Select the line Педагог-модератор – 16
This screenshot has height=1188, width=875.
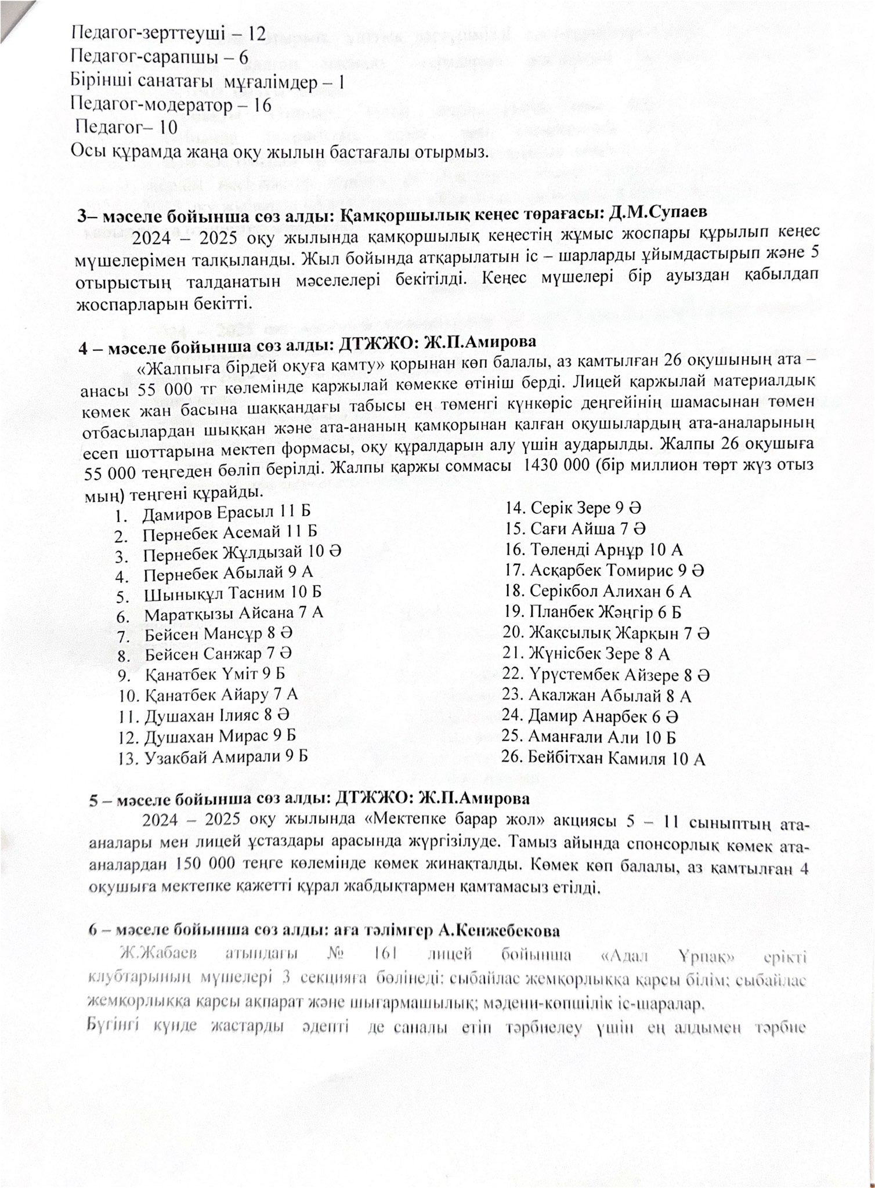(x=171, y=104)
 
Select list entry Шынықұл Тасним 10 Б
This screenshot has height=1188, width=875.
(x=233, y=594)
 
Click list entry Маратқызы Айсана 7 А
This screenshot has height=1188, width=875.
(x=234, y=614)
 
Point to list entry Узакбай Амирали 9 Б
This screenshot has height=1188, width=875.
(x=226, y=756)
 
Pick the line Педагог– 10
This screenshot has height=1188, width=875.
(x=127, y=127)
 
